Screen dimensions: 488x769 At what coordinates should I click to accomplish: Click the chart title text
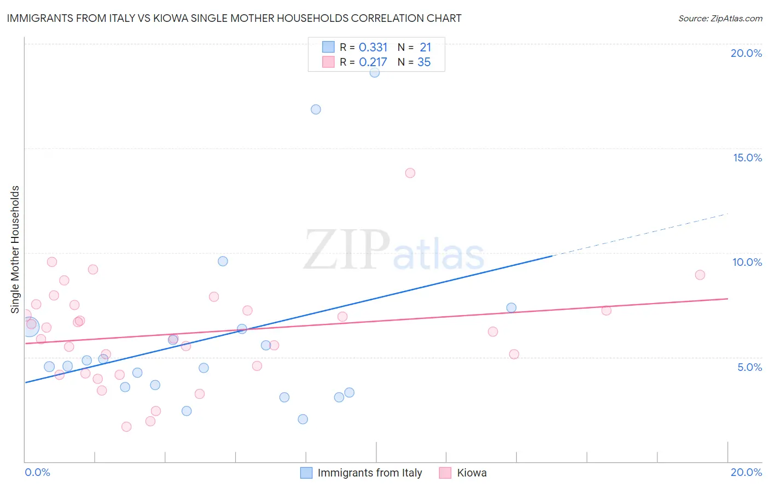(x=234, y=19)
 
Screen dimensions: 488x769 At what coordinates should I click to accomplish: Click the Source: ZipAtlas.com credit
(x=720, y=19)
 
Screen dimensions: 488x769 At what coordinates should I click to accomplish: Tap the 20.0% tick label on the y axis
(x=746, y=53)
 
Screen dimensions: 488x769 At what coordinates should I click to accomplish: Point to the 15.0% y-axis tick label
(x=747, y=158)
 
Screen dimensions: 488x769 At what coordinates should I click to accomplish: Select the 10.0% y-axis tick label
(x=747, y=262)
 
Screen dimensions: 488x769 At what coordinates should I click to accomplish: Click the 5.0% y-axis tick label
(x=749, y=367)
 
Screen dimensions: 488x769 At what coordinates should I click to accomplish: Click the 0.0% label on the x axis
(x=37, y=472)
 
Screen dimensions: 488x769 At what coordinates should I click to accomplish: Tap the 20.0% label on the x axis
(x=746, y=472)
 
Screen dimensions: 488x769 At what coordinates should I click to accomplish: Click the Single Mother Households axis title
(x=15, y=249)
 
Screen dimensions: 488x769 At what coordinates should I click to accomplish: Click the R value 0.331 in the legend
(x=373, y=48)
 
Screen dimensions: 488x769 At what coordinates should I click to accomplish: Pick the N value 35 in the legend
(x=424, y=62)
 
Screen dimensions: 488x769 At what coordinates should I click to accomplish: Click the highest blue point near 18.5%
(x=375, y=72)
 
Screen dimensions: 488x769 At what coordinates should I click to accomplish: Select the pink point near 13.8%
(x=410, y=173)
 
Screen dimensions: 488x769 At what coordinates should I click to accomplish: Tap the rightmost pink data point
(x=700, y=275)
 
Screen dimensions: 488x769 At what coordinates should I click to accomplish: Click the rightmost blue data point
(x=511, y=307)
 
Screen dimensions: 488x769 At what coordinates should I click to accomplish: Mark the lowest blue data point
(x=303, y=419)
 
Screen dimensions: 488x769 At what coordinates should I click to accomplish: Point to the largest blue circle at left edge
(x=30, y=327)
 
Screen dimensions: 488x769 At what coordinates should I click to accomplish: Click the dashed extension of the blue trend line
(x=640, y=234)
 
